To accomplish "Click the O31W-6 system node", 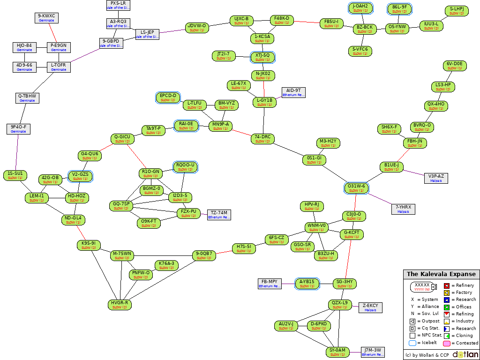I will click(356, 188).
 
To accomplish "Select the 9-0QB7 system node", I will click(204, 255).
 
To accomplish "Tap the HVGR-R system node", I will click(120, 305).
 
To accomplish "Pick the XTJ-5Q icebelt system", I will click(262, 57).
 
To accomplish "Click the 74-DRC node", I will click(262, 139).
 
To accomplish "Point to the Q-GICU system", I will click(122, 139).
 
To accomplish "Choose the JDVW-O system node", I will click(196, 28).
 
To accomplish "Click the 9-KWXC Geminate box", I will click(46, 18).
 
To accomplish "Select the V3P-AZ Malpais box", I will click(436, 178).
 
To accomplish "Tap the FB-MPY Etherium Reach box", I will click(270, 284).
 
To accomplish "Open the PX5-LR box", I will click(118, 5).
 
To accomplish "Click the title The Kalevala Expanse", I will click(441, 274).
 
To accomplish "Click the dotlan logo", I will click(465, 354).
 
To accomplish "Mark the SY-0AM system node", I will click(337, 352).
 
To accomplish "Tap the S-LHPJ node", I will click(457, 11).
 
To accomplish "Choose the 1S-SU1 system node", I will click(15, 175).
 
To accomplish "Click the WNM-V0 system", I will click(316, 228).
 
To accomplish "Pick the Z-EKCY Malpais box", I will click(370, 307).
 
